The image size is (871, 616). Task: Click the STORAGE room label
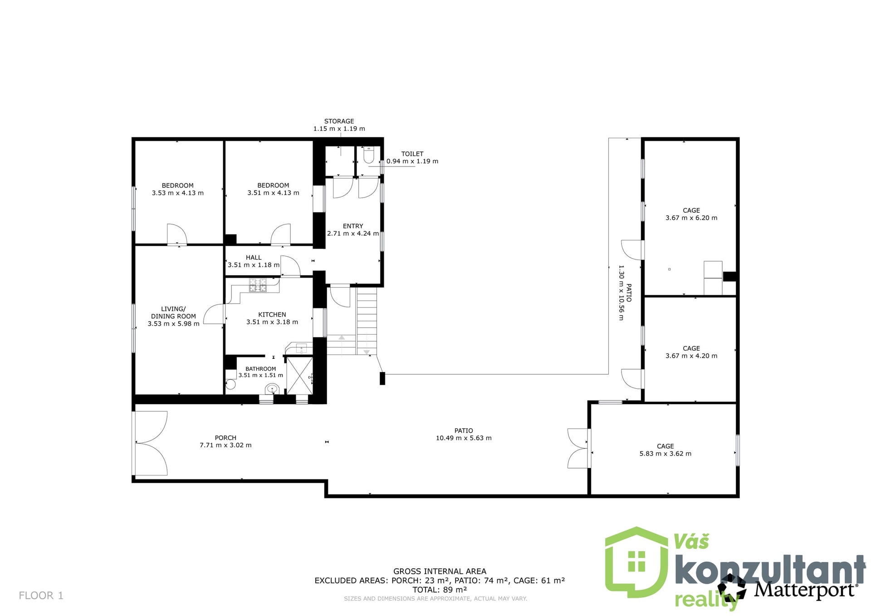coord(339,121)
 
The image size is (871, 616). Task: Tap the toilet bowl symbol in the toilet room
coord(369,155)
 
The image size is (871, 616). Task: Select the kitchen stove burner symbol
coord(258,285)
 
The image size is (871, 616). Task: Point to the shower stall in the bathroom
coord(299,375)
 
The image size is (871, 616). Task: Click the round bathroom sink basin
coord(272,388)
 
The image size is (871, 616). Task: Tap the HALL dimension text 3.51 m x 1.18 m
coord(254,265)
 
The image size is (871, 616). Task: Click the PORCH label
coord(225,438)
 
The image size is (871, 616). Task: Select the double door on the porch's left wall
coord(150,443)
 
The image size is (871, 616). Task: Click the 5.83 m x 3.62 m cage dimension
coord(665,454)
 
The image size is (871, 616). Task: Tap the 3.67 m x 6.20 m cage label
coord(691,214)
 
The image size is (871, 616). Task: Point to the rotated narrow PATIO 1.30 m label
coord(625,293)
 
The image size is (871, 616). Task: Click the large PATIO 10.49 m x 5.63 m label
coord(464,434)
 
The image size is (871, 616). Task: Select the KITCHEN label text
coord(272,314)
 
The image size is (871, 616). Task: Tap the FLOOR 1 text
coord(41,596)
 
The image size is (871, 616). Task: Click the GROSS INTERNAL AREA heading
coord(440,572)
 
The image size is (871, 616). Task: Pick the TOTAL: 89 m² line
coord(440,590)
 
